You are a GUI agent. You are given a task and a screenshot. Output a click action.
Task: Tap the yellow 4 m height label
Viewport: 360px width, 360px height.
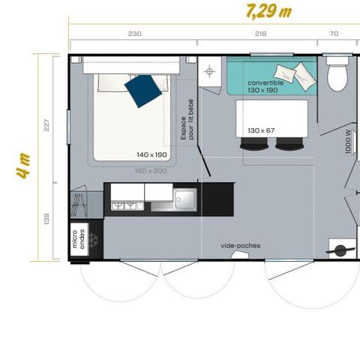click(x=24, y=166)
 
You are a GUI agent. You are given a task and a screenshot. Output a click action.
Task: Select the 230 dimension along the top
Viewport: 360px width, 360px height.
click(x=134, y=34)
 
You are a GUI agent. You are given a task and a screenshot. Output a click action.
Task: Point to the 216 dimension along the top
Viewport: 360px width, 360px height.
click(x=261, y=34)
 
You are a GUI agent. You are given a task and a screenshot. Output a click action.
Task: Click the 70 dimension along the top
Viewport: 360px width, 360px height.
click(x=334, y=34)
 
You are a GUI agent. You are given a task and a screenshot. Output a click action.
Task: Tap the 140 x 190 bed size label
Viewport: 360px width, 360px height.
click(x=151, y=154)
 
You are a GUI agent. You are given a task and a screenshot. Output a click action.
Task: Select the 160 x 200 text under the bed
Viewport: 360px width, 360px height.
click(x=151, y=170)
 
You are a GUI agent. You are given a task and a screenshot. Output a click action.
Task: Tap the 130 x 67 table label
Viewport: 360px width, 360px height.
click(x=261, y=130)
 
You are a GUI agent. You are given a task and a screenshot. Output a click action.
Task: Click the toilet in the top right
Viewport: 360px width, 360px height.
click(x=337, y=73)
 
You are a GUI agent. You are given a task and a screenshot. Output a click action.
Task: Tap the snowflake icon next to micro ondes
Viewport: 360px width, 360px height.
click(x=94, y=238)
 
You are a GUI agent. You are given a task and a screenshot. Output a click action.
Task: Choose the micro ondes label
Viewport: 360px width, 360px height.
click(x=78, y=238)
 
